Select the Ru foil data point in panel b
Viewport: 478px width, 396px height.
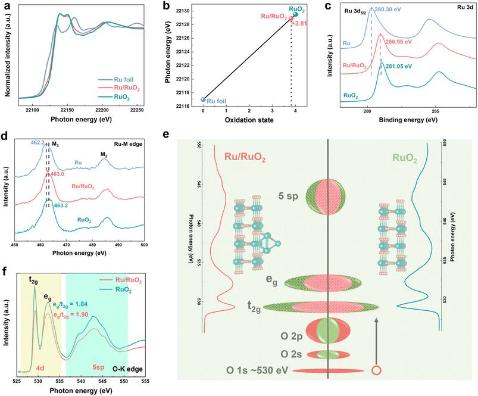click(x=203, y=99)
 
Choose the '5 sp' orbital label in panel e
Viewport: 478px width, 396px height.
click(x=291, y=195)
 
